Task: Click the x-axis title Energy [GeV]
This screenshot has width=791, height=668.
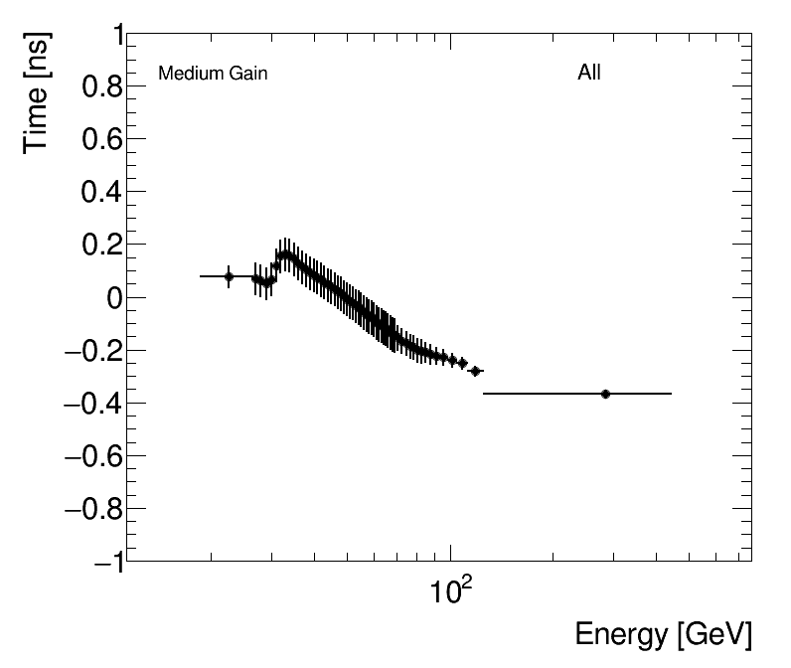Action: click(x=663, y=634)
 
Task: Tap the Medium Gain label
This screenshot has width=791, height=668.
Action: click(x=213, y=74)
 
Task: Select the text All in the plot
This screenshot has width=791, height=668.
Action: click(x=589, y=73)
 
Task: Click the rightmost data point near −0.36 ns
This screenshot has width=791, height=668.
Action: click(x=605, y=394)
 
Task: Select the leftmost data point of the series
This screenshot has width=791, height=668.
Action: click(x=230, y=276)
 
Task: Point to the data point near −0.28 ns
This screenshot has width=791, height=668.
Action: click(x=475, y=371)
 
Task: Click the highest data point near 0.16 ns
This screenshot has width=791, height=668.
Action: click(x=285, y=255)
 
